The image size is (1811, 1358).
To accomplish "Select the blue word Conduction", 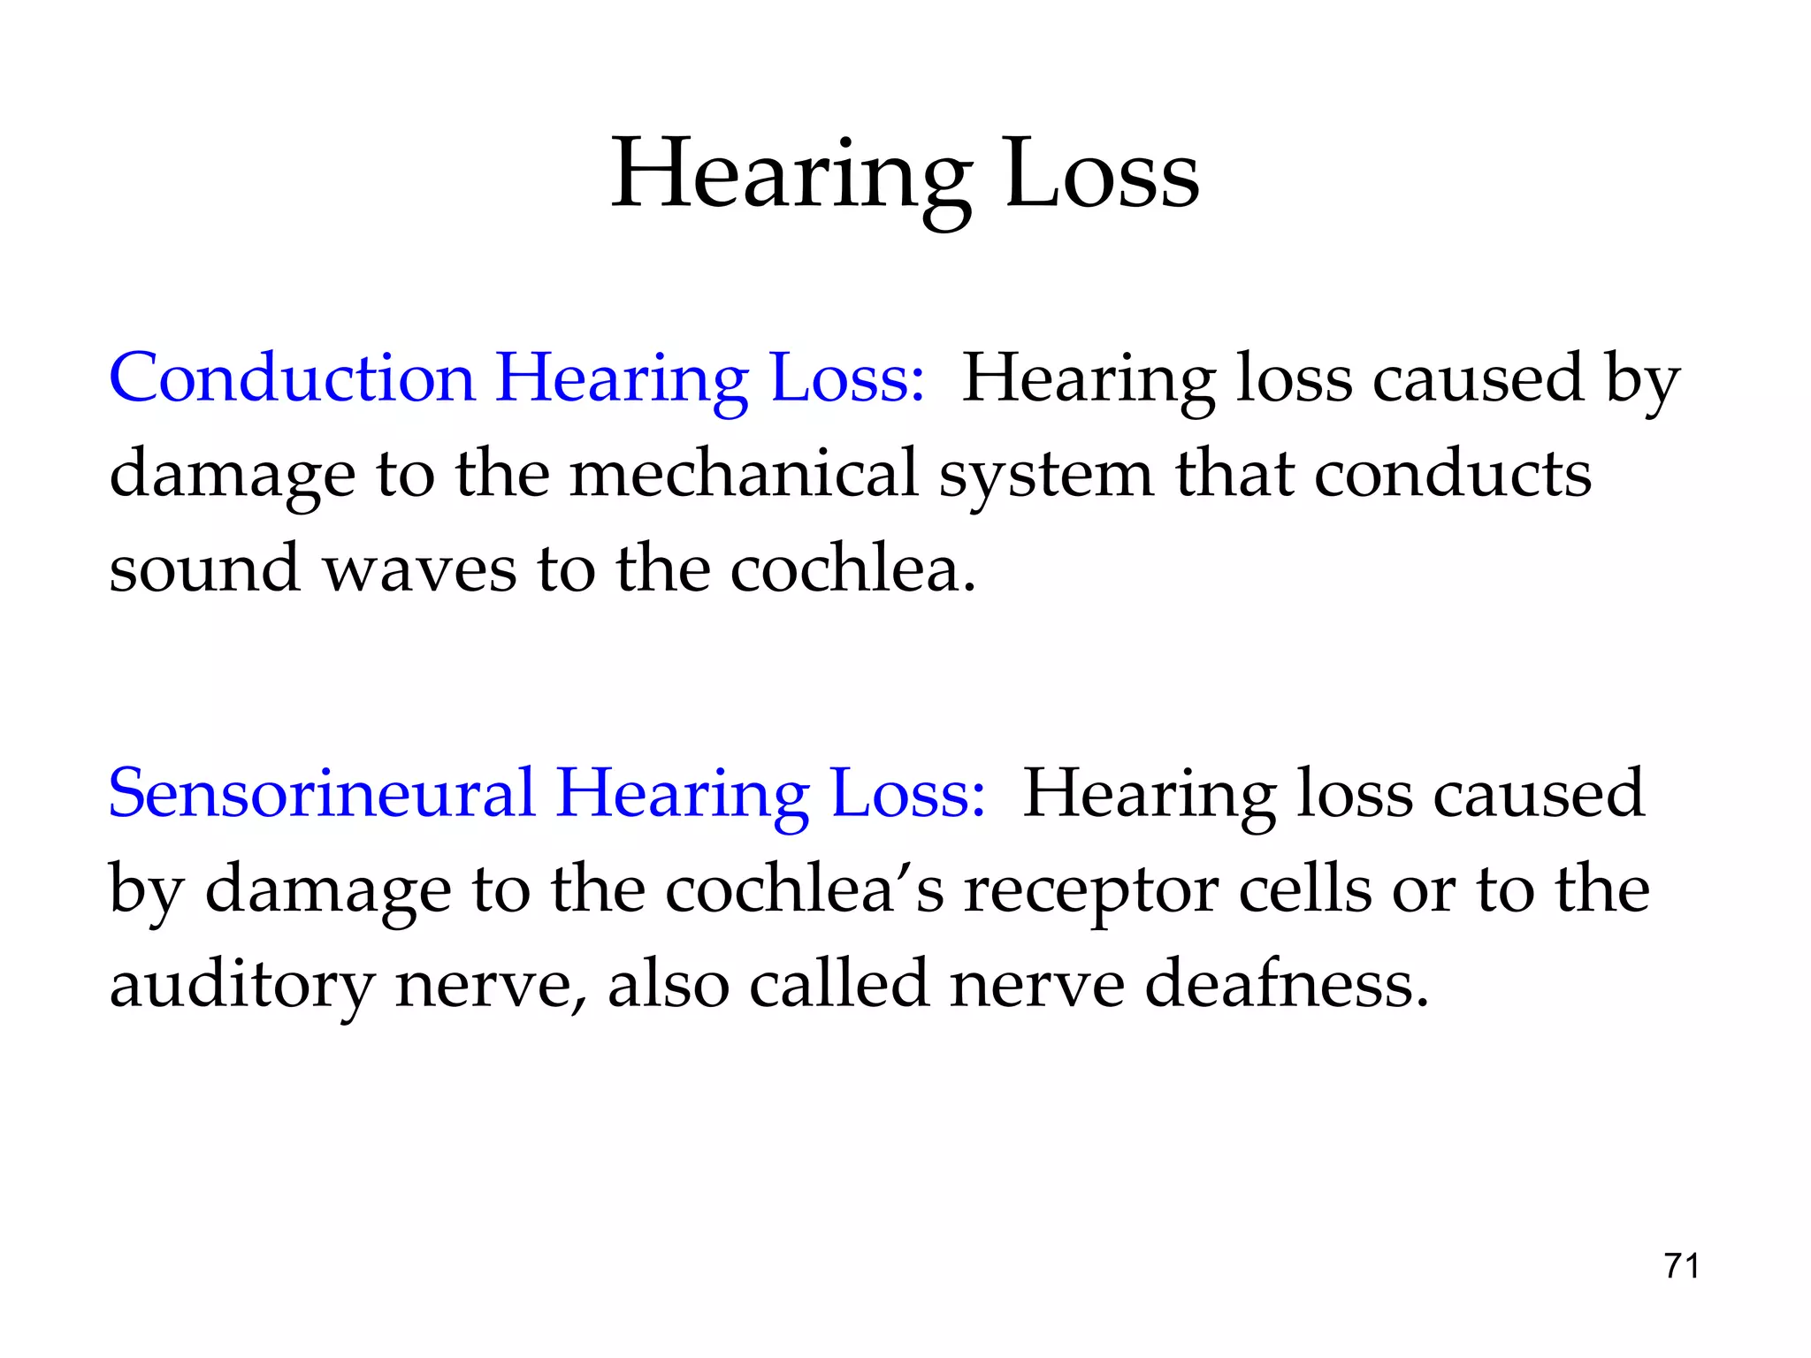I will [292, 378].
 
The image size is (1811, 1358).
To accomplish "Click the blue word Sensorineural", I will [322, 793].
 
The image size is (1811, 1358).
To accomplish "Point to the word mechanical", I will [744, 473].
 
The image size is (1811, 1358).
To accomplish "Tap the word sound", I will [203, 568].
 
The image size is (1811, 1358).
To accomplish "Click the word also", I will [669, 983].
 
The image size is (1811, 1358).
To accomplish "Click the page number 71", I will [1681, 1266].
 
